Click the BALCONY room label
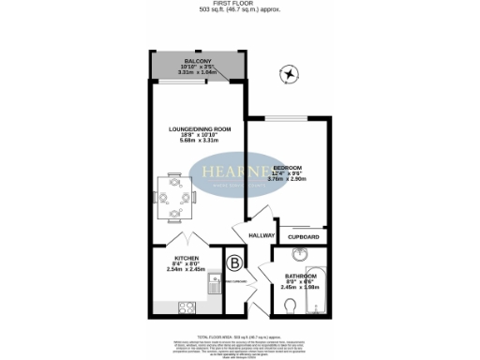tap(196, 61)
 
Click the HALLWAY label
tap(261, 235)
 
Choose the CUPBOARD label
tap(302, 237)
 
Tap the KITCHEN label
tap(185, 258)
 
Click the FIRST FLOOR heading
tap(239, 5)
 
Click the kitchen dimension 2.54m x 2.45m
tap(186, 269)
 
